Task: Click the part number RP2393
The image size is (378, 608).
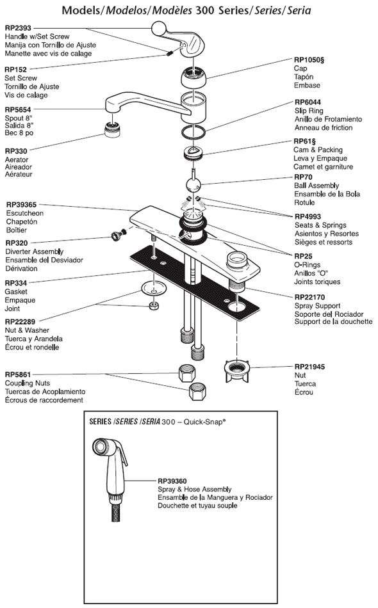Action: point(18,28)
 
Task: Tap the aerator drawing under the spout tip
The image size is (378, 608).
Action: point(112,129)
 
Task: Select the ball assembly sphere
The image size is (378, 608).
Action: point(193,184)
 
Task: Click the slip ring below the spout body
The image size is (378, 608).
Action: point(193,132)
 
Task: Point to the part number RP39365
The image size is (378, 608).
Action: point(21,205)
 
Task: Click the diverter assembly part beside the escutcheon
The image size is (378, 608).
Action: point(117,234)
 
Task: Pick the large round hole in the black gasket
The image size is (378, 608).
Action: point(238,307)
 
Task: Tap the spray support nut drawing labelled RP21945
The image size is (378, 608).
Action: point(237,371)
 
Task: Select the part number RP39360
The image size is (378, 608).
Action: point(172,481)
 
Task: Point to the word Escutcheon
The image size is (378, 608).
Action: point(25,213)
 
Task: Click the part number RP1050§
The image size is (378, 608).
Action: point(309,60)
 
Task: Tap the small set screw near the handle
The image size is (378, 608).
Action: point(170,54)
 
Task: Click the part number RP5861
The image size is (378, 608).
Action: point(17,374)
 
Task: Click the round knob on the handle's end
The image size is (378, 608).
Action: point(159,28)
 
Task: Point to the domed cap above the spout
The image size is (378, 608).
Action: point(193,77)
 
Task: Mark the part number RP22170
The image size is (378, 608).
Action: point(309,298)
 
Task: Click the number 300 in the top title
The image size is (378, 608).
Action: point(205,10)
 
